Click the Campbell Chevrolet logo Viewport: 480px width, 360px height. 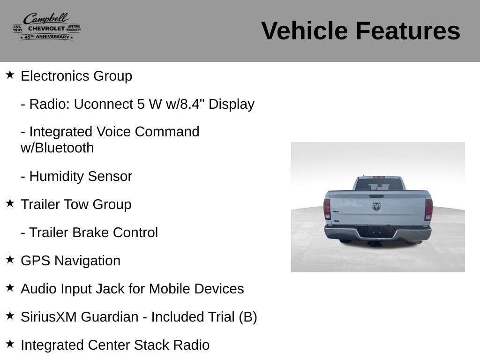[47, 27]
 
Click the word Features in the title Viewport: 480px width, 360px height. [408, 31]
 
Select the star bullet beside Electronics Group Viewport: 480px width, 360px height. [10, 75]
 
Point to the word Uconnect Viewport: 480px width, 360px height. [103, 104]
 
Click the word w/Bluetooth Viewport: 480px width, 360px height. [57, 148]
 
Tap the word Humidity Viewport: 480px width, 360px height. [57, 176]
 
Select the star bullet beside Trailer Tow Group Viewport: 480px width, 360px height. [10, 203]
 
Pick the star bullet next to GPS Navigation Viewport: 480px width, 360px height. [10, 259]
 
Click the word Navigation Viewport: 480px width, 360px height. [87, 261]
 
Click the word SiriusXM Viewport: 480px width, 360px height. [49, 317]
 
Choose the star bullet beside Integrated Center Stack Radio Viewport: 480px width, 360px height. [10, 344]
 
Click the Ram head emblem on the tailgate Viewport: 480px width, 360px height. [376, 207]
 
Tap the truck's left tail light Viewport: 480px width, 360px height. [327, 209]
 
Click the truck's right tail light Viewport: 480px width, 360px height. [429, 210]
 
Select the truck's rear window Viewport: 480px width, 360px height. [379, 184]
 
